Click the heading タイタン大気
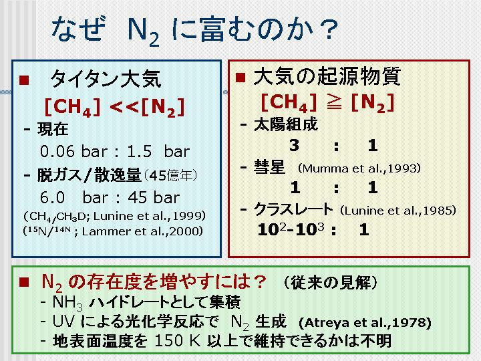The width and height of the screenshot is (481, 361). [x=106, y=79]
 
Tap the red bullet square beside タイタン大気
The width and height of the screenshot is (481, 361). [x=24, y=80]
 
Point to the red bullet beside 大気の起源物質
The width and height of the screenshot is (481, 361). [x=240, y=77]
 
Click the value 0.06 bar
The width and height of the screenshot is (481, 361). [x=73, y=151]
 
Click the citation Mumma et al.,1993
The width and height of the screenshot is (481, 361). [x=359, y=168]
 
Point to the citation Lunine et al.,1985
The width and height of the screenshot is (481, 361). [x=398, y=211]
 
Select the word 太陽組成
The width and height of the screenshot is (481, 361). [x=286, y=124]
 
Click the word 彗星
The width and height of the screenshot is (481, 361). [x=269, y=168]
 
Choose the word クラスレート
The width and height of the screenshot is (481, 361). [x=293, y=210]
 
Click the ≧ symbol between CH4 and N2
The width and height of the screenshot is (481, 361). [x=333, y=103]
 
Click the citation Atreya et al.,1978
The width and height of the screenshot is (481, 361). [x=365, y=323]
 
